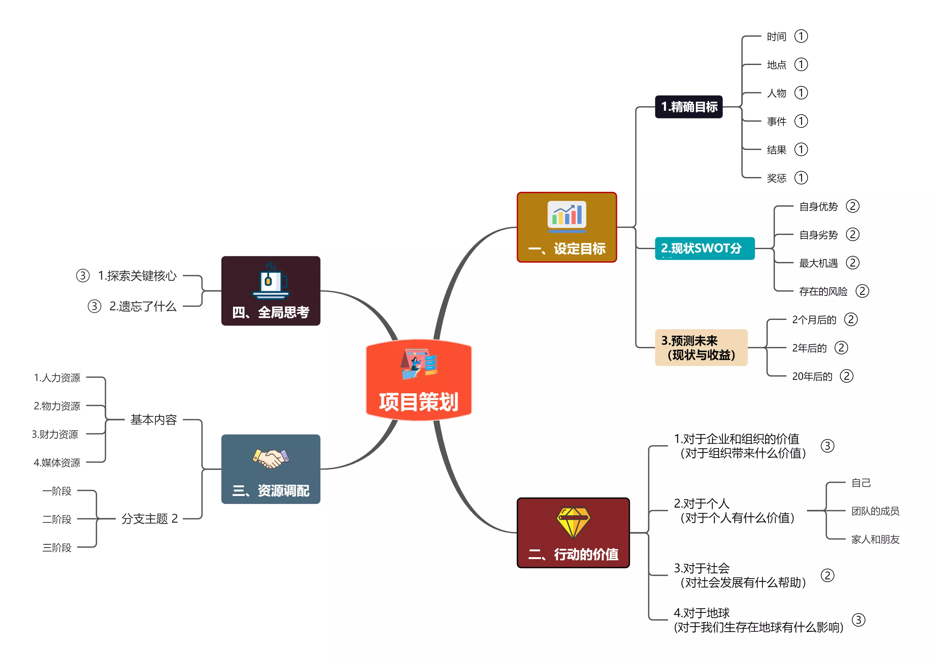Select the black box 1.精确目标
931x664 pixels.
click(689, 107)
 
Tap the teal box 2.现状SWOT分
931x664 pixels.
click(704, 248)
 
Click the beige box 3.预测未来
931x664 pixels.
click(701, 348)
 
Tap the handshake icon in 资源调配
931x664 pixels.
click(271, 458)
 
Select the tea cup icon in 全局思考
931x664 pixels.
click(271, 280)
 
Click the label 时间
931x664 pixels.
click(776, 37)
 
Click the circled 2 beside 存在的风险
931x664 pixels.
click(862, 291)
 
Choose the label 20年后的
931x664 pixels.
click(812, 376)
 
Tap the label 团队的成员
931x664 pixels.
click(875, 511)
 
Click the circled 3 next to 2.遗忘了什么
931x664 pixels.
click(94, 306)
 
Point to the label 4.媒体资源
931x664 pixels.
click(57, 463)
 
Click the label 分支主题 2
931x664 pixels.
click(149, 519)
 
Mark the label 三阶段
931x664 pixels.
click(57, 547)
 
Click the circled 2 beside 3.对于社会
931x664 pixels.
click(827, 575)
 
